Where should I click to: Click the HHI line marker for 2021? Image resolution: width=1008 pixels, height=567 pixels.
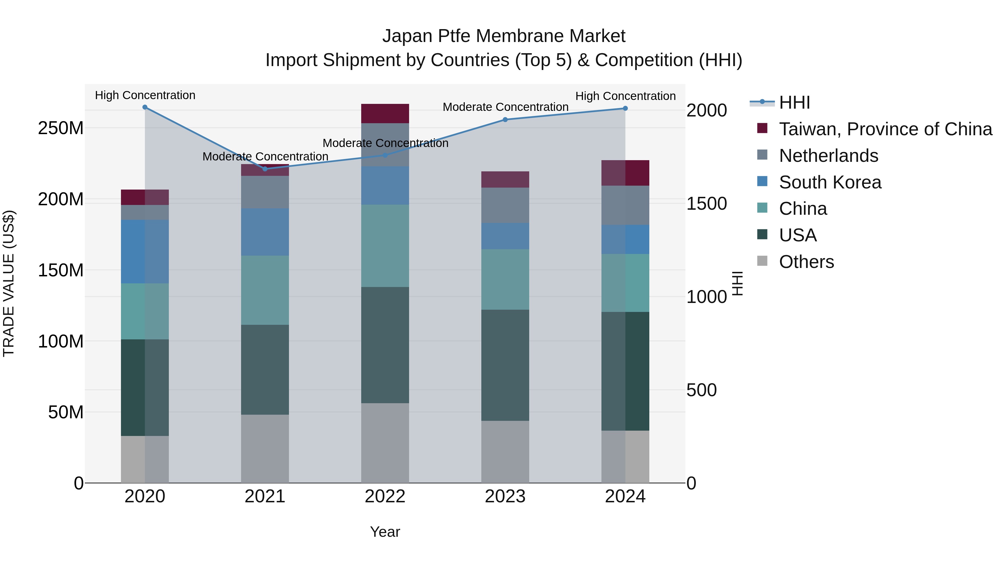(265, 169)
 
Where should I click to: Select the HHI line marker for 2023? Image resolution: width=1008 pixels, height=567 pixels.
(505, 119)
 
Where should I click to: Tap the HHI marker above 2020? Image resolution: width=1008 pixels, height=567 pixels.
(145, 107)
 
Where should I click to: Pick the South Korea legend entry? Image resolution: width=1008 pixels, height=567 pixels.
(830, 182)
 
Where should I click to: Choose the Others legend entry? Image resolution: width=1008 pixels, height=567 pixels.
(806, 262)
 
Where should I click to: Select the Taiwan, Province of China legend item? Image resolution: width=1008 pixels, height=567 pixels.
(885, 129)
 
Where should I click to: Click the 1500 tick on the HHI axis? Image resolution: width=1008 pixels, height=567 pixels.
(706, 204)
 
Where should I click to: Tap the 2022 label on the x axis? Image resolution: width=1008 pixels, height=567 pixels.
(385, 496)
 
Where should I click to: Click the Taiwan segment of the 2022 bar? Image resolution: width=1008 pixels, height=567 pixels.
(385, 113)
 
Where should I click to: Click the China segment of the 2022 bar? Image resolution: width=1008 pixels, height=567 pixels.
(385, 246)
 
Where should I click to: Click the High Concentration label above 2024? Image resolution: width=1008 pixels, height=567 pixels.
(625, 96)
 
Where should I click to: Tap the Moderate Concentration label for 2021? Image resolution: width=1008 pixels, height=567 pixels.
(265, 156)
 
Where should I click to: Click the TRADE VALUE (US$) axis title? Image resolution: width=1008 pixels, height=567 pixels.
(9, 283)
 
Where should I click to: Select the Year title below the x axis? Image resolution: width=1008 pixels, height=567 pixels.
(385, 532)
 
